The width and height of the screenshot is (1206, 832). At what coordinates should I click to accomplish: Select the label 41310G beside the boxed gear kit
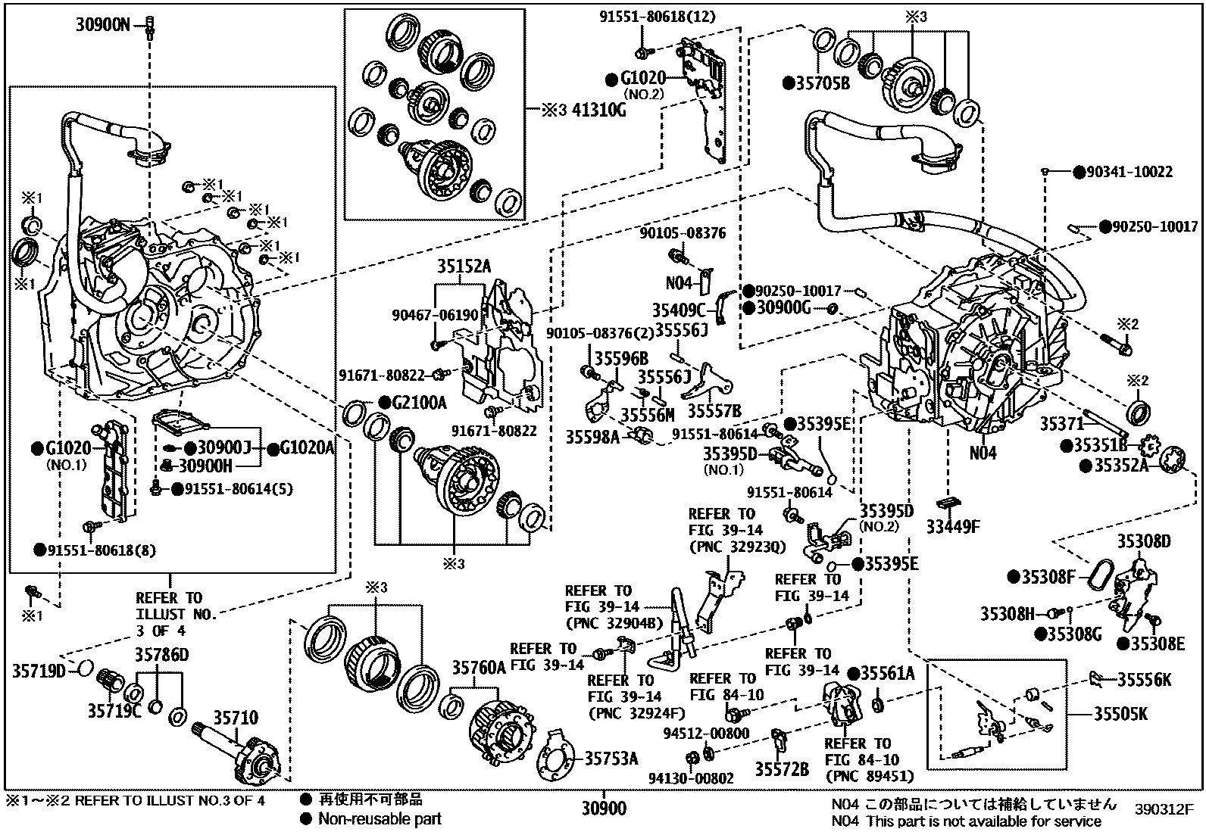(x=595, y=110)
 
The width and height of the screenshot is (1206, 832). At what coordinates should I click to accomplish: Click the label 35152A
(x=463, y=266)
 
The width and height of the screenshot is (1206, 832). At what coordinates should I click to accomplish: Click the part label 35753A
(x=611, y=758)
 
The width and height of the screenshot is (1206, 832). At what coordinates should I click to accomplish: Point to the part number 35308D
(x=1143, y=541)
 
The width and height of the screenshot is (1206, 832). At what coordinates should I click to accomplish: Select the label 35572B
(x=781, y=770)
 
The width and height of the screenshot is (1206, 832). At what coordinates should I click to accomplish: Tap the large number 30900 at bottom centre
(x=604, y=809)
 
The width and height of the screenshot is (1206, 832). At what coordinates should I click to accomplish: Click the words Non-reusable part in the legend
(x=380, y=818)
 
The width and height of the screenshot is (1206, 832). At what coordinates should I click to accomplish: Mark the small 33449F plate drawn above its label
(x=948, y=502)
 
